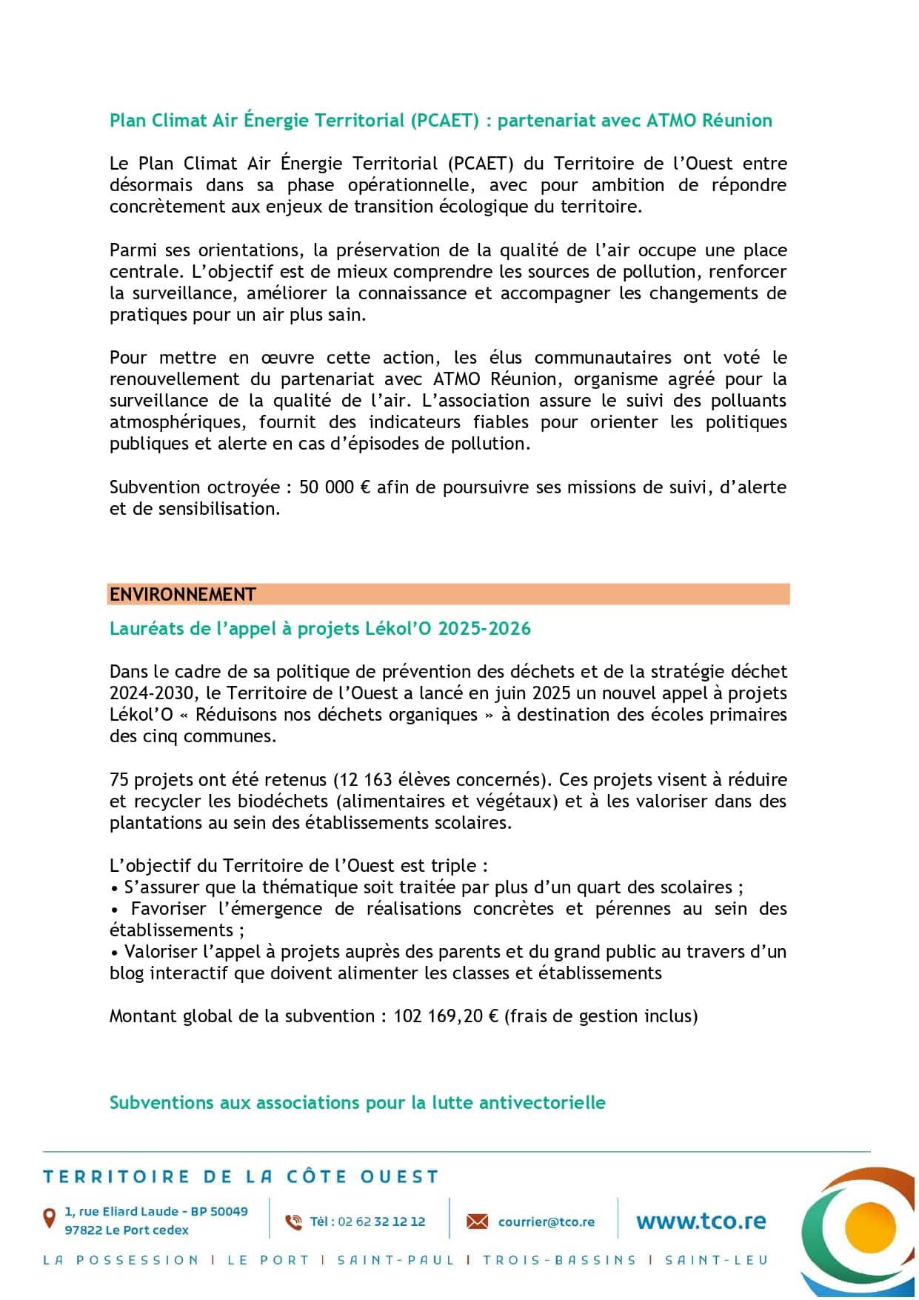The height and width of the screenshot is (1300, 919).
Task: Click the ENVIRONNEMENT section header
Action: [183, 595]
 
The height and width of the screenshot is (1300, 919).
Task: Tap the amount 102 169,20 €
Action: [446, 1016]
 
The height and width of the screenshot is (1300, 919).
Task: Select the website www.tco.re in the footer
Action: [701, 1221]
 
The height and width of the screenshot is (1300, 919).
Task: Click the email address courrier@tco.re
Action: [546, 1222]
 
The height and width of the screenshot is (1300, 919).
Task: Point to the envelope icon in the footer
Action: [477, 1221]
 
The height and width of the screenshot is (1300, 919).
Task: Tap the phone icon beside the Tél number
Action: [294, 1222]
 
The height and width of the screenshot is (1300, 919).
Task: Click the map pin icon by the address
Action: [50, 1218]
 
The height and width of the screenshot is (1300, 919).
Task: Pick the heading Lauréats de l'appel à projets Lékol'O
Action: [320, 629]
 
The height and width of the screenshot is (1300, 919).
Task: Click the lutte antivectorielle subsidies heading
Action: [357, 1103]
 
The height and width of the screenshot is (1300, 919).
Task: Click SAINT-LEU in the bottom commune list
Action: [716, 1260]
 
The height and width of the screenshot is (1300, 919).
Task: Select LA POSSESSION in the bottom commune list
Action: [121, 1260]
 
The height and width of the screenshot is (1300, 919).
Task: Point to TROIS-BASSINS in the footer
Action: [559, 1260]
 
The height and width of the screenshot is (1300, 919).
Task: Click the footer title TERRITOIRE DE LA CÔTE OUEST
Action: [241, 1177]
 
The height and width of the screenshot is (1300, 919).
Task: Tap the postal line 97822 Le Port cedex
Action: [127, 1230]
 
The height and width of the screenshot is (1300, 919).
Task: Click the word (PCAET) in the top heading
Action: [445, 121]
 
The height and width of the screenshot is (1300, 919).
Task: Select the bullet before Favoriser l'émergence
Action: [115, 910]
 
